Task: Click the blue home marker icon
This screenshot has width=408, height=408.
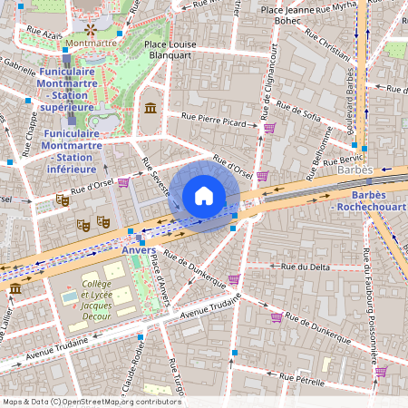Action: pyautogui.click(x=204, y=196)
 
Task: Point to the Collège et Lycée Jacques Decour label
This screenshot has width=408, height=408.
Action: pyautogui.click(x=96, y=297)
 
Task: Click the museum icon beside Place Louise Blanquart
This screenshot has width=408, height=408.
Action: pyautogui.click(x=150, y=109)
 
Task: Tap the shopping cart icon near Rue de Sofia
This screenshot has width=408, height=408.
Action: pyautogui.click(x=268, y=128)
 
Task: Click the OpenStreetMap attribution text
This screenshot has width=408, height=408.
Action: pyautogui.click(x=92, y=401)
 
